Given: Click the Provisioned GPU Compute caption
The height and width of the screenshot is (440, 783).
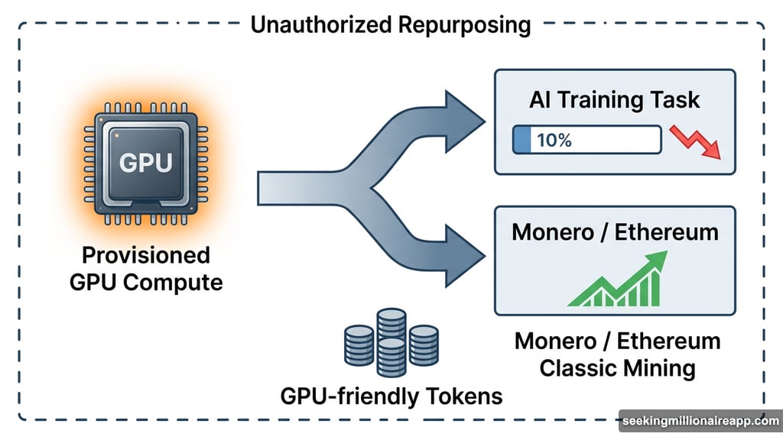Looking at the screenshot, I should point(146,268).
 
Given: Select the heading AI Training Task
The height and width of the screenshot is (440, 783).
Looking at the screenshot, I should point(615,100).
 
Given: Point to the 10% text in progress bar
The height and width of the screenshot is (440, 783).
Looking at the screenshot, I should point(554,140).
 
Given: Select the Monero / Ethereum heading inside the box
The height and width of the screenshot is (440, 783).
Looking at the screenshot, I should point(615,231).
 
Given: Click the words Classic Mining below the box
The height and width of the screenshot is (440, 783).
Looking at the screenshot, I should point(617,368).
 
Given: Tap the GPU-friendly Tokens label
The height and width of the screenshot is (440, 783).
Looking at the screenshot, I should point(391,396).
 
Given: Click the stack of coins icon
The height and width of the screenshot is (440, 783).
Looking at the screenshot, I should point(391,341).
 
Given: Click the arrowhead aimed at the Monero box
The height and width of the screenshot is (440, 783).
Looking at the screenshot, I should point(466,254).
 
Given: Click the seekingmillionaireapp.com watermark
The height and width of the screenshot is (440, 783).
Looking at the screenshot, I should point(699,421).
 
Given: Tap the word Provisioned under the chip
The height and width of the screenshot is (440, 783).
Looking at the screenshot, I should point(146,254).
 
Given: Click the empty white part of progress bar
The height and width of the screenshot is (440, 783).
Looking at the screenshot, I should point(612,140).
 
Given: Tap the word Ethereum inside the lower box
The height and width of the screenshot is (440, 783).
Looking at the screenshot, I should point(668,231).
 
